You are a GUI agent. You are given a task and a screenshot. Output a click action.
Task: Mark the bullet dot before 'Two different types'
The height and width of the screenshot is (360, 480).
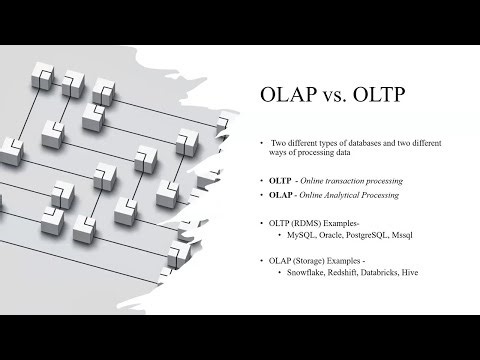[261, 143]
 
